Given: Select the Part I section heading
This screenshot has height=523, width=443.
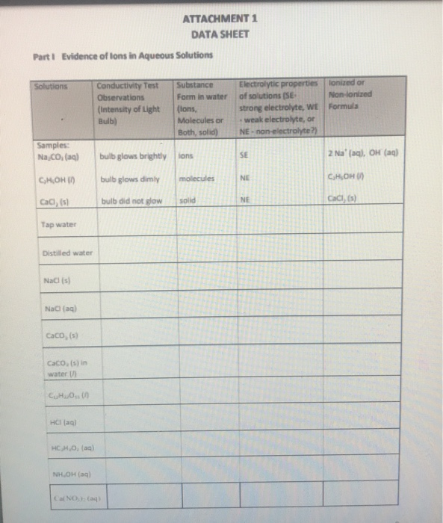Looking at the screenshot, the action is [123, 55].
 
